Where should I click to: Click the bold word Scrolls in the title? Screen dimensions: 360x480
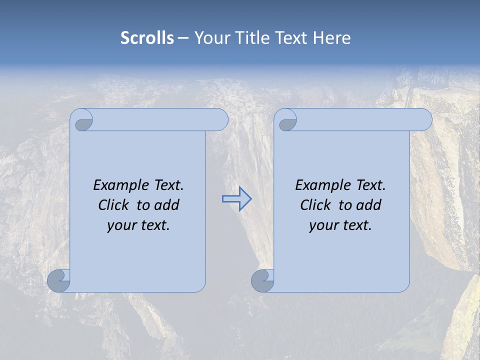point(147,38)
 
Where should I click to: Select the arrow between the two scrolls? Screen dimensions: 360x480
point(236,199)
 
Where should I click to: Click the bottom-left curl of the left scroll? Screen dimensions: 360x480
point(59,280)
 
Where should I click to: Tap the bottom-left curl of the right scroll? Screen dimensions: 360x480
point(262,280)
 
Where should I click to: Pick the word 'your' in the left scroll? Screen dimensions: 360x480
point(121,225)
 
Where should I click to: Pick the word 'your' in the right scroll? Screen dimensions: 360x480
point(323,225)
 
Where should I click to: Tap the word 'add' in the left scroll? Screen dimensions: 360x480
point(166,205)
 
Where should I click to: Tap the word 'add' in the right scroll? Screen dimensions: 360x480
point(368,205)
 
